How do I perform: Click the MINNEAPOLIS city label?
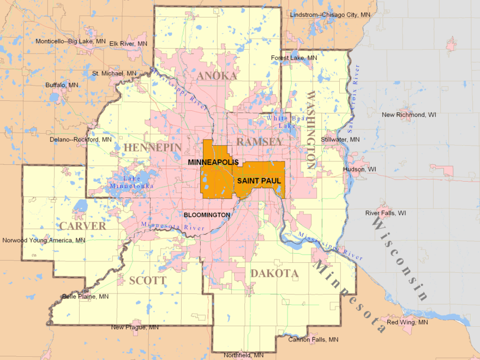[x=213, y=163]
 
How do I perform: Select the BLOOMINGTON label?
[x=207, y=215]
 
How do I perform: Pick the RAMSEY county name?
[x=259, y=142]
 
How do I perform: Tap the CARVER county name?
[x=83, y=226]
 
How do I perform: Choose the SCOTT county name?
[x=147, y=281]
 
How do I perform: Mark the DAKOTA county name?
[x=274, y=273]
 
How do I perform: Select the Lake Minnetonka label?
[x=131, y=182]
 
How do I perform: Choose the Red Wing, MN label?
[x=407, y=322]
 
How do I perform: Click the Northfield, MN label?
[x=243, y=355]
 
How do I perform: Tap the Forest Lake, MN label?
[x=294, y=58]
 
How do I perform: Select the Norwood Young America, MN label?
[x=44, y=240]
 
